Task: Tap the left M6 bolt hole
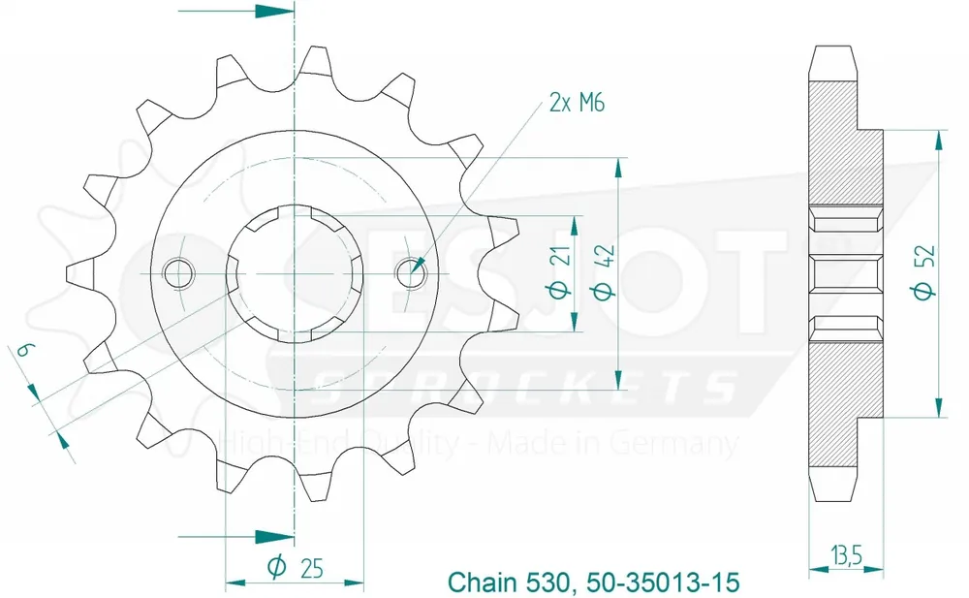pyautogui.click(x=178, y=274)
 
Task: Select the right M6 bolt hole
pyautogui.click(x=410, y=273)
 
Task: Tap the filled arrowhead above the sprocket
pyautogui.click(x=274, y=13)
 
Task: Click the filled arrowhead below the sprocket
pyautogui.click(x=274, y=534)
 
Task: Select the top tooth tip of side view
pyautogui.click(x=834, y=48)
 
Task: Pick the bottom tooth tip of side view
pyautogui.click(x=834, y=498)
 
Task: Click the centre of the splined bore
pyautogui.click(x=295, y=274)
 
